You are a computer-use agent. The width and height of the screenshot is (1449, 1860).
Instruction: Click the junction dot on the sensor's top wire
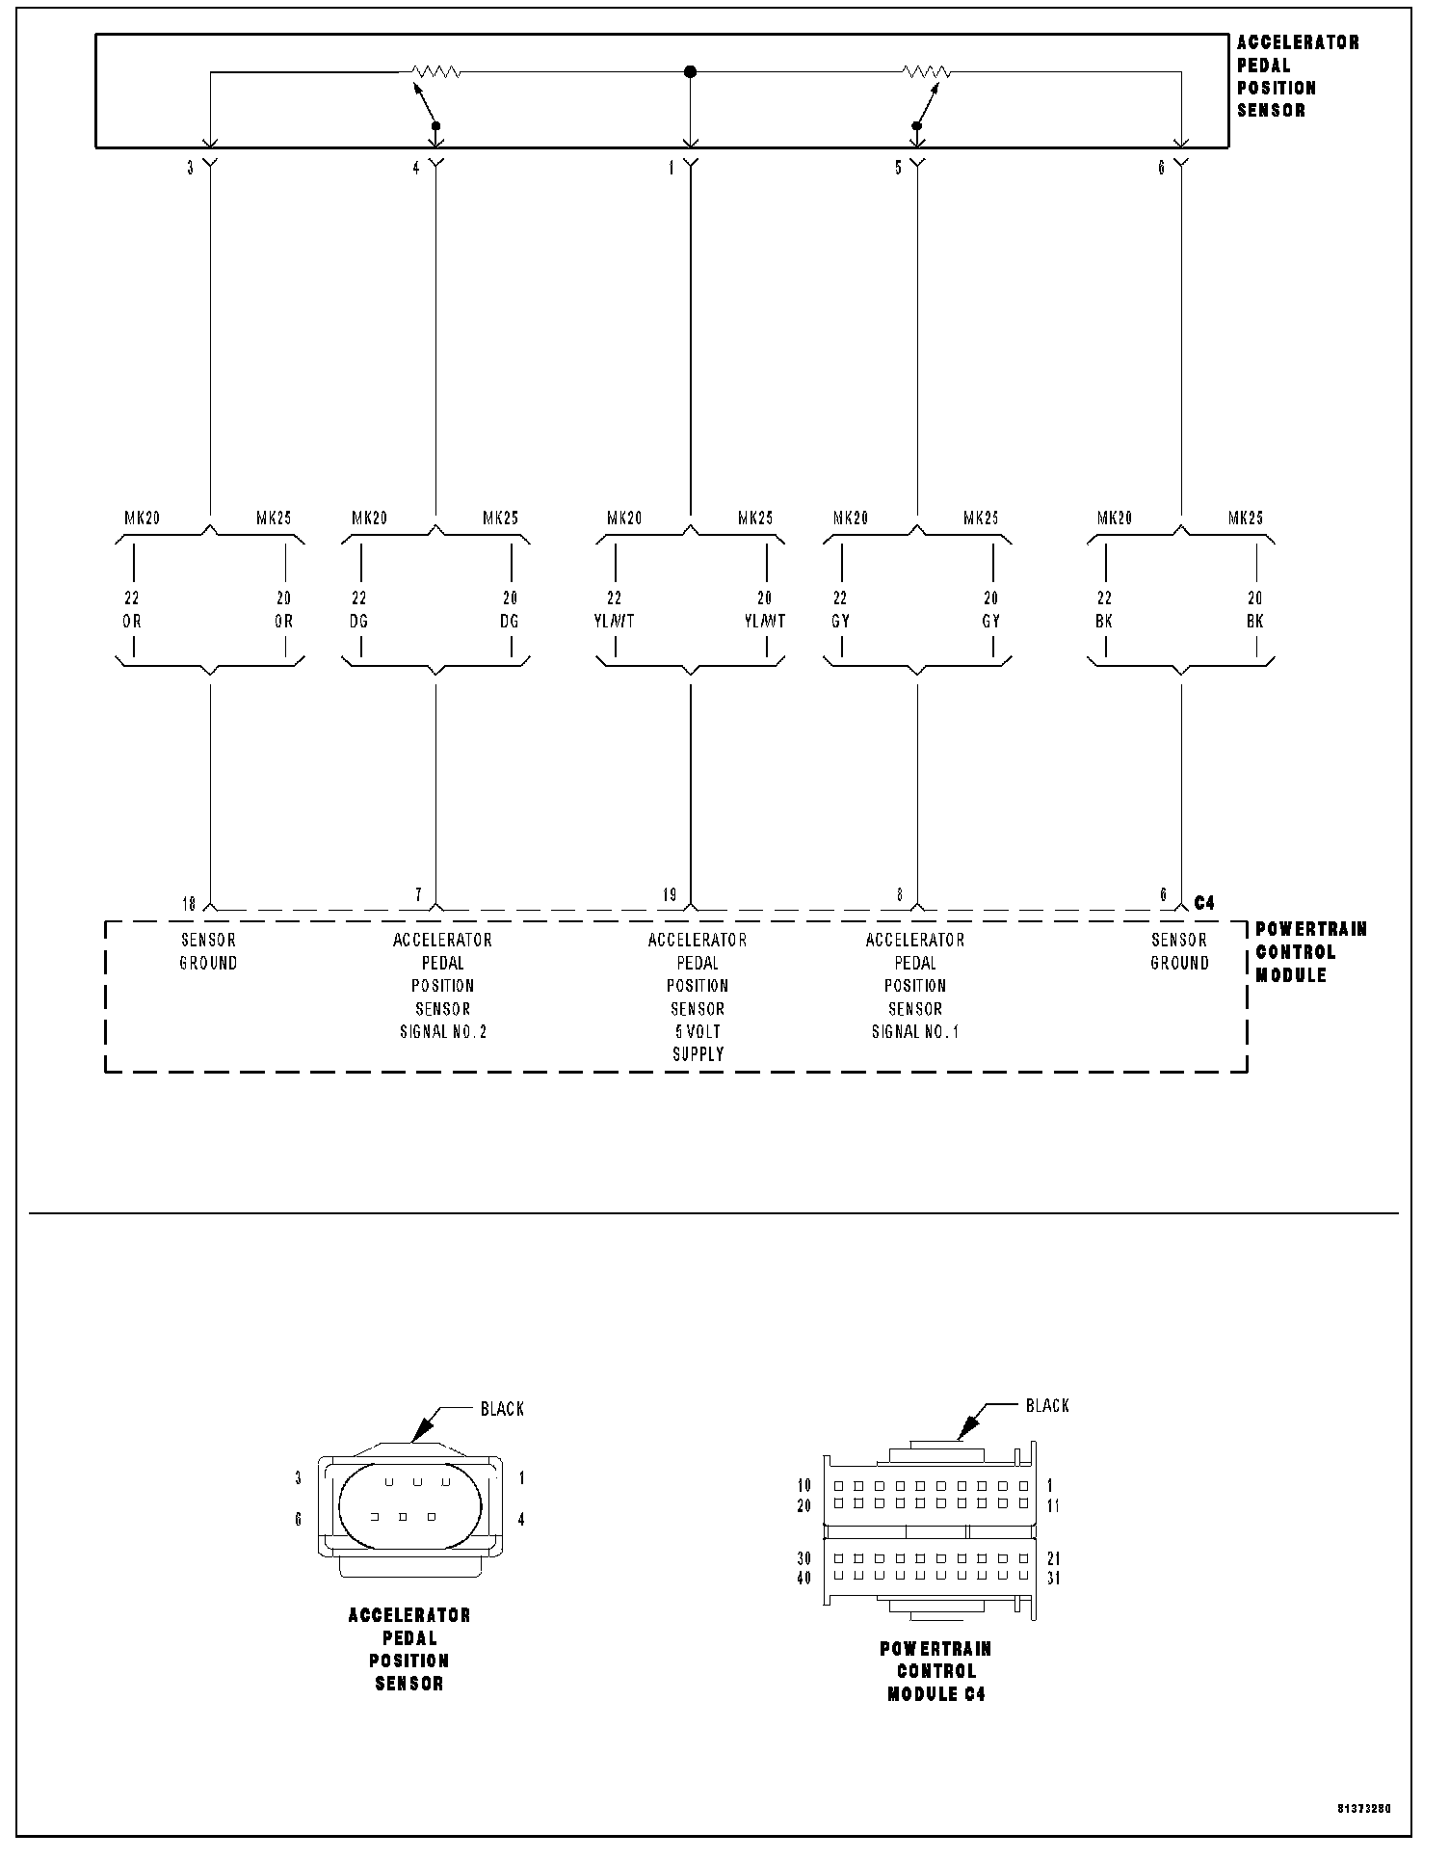tap(690, 71)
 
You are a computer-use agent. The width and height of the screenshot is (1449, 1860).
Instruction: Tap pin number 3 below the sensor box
tap(191, 168)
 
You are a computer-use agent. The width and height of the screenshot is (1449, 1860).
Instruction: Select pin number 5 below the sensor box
tap(899, 168)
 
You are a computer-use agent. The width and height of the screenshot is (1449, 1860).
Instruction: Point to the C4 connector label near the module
tap(1204, 903)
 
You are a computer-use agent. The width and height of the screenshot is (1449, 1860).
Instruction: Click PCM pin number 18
tap(189, 904)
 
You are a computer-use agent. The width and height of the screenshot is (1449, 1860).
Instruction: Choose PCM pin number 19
tap(670, 895)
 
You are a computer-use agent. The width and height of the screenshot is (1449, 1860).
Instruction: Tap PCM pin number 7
tap(418, 895)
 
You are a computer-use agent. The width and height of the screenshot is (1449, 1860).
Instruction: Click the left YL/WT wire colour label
tap(615, 622)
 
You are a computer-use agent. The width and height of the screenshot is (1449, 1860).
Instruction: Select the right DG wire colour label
tap(510, 622)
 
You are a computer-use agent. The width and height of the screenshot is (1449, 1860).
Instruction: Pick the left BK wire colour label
tap(1105, 622)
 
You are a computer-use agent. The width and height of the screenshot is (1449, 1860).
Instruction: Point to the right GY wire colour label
tap(990, 622)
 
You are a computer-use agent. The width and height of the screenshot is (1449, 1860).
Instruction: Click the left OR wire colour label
tap(132, 622)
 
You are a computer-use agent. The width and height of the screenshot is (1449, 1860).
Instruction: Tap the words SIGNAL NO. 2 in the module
tap(443, 1031)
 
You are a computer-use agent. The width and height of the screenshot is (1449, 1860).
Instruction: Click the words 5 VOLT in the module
tap(698, 1031)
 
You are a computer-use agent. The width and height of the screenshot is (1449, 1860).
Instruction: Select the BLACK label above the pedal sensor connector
tap(503, 1409)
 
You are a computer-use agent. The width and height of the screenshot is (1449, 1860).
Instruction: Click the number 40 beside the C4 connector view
tap(804, 1579)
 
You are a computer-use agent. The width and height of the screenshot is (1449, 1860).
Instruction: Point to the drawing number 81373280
tap(1364, 1809)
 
